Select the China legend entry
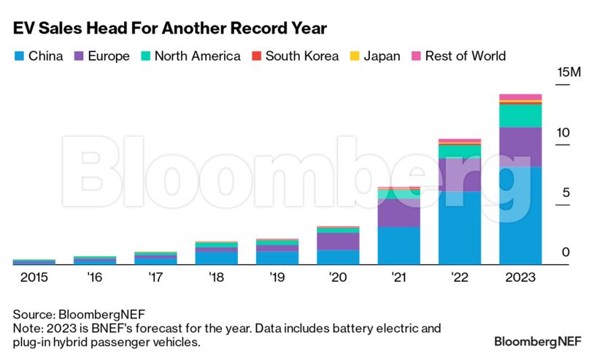pyautogui.click(x=39, y=56)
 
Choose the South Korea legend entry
pyautogui.click(x=295, y=56)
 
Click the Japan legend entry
pyautogui.click(x=374, y=56)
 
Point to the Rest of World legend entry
pyautogui.click(x=458, y=56)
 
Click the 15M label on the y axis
pyautogui.click(x=568, y=73)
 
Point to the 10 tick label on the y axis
pyautogui.click(x=562, y=133)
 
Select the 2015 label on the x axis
pyautogui.click(x=34, y=277)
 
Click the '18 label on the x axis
pyautogui.click(x=216, y=277)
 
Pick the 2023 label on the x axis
pyautogui.click(x=520, y=277)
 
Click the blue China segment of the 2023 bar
pyautogui.click(x=520, y=215)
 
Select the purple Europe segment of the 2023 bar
pyautogui.click(x=520, y=147)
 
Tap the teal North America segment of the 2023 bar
pyautogui.click(x=520, y=116)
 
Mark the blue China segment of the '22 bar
pyautogui.click(x=459, y=227)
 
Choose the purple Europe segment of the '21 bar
pyautogui.click(x=398, y=212)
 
